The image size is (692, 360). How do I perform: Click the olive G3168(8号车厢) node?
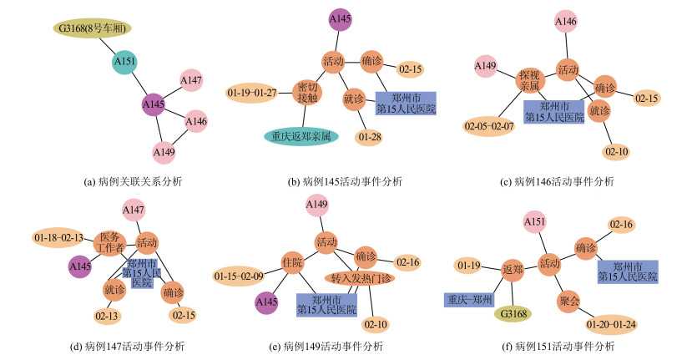92,28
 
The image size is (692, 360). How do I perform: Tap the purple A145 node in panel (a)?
153,105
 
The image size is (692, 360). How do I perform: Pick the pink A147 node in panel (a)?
191,80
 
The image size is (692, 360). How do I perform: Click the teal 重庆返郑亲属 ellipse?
301,135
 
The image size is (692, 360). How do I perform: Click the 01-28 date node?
369,135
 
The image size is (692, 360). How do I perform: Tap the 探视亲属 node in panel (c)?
529,79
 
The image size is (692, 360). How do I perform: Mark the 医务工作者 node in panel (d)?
111,241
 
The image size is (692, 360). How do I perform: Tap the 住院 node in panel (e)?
291,261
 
